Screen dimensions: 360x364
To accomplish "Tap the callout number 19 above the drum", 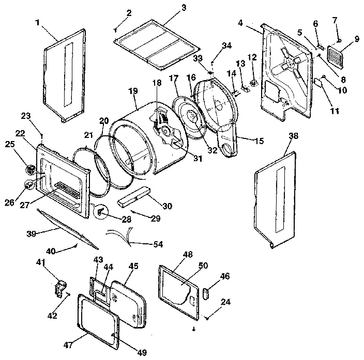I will [x=133, y=90].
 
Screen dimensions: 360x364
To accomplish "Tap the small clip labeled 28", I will [x=101, y=211].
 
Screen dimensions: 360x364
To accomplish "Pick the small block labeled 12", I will [x=254, y=82].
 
